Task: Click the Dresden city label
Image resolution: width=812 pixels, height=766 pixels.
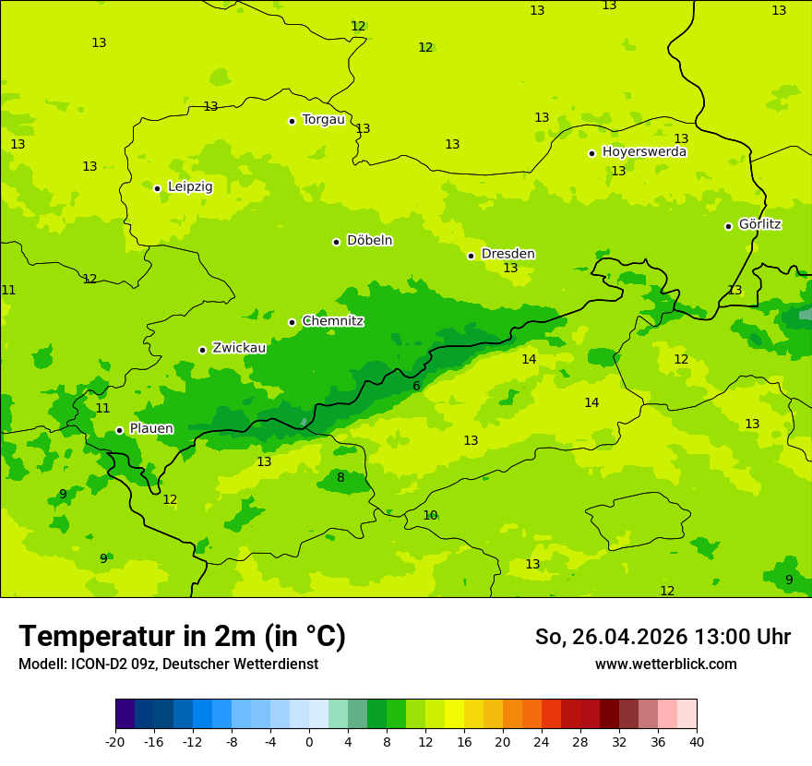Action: [x=507, y=254]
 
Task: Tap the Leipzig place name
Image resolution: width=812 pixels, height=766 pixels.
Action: [x=190, y=186]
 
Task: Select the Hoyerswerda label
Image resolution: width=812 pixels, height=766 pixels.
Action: [x=644, y=151]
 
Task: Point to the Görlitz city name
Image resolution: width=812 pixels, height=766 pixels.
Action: [x=760, y=224]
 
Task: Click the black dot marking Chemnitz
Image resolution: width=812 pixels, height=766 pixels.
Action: [x=292, y=322]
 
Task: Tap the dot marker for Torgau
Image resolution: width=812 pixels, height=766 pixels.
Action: [x=292, y=121]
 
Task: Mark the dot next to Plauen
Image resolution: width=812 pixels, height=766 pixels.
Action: [x=119, y=430]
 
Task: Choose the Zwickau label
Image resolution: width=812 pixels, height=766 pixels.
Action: [x=239, y=348]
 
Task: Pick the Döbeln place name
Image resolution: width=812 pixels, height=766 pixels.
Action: [x=369, y=240]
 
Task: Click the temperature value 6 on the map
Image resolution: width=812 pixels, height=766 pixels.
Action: [x=416, y=386]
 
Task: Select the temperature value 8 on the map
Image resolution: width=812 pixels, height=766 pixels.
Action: [x=340, y=477]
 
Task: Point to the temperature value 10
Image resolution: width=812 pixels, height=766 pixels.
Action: [x=430, y=515]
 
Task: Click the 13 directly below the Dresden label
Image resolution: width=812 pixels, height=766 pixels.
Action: [x=510, y=268]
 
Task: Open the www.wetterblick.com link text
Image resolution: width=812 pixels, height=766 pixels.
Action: [x=665, y=664]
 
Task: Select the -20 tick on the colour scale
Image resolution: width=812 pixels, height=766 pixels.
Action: [x=115, y=742]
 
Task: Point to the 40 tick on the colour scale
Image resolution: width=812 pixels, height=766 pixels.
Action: [x=697, y=742]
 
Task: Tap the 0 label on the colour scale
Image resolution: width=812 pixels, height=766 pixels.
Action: [x=309, y=742]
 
